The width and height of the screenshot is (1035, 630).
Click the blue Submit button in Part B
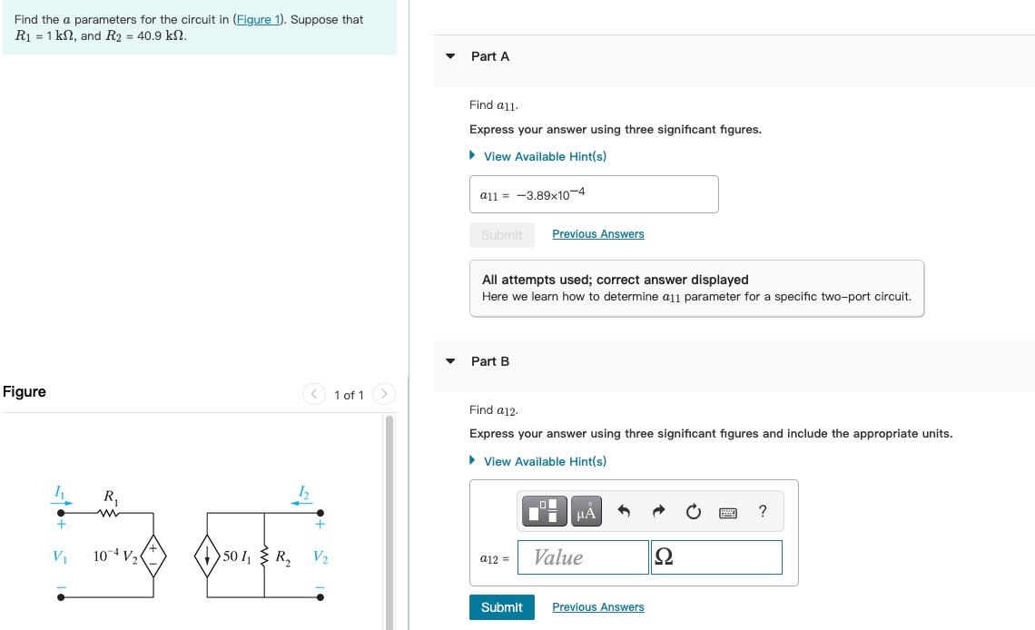click(501, 607)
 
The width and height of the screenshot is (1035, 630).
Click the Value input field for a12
click(583, 557)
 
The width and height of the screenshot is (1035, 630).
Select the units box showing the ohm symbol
click(715, 557)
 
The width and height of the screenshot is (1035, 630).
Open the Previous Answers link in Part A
click(597, 234)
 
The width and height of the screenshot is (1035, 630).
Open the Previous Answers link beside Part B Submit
click(597, 607)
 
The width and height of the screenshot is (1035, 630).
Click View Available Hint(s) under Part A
click(544, 156)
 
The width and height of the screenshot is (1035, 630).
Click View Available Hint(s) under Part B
click(544, 461)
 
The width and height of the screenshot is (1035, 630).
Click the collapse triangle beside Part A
click(450, 56)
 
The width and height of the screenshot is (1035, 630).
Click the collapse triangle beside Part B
click(450, 361)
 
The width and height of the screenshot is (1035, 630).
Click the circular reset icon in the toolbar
click(694, 512)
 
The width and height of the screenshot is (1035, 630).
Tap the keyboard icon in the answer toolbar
click(727, 512)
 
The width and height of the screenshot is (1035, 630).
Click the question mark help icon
click(763, 511)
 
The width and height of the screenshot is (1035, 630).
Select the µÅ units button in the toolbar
click(587, 511)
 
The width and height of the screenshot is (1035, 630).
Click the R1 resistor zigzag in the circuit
click(110, 514)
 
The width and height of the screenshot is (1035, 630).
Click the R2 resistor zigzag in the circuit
click(264, 556)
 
